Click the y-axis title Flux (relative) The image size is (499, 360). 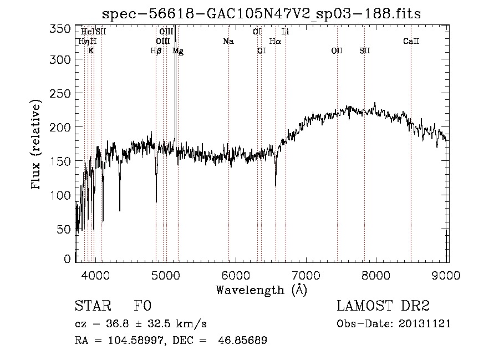pos(37,145)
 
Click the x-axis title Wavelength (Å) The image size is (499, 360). pos(261,290)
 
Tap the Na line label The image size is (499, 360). pos(228,41)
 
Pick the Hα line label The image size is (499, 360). pos(275,41)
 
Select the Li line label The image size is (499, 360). pos(286,32)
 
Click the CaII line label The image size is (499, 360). pos(411,41)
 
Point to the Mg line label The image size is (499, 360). pos(178,51)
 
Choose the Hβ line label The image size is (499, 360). pos(156,51)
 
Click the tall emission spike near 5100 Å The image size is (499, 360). pos(175,44)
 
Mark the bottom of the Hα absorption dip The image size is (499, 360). pos(276,185)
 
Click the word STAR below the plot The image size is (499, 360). pos(91,307)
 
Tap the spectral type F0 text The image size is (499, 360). pos(142,307)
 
